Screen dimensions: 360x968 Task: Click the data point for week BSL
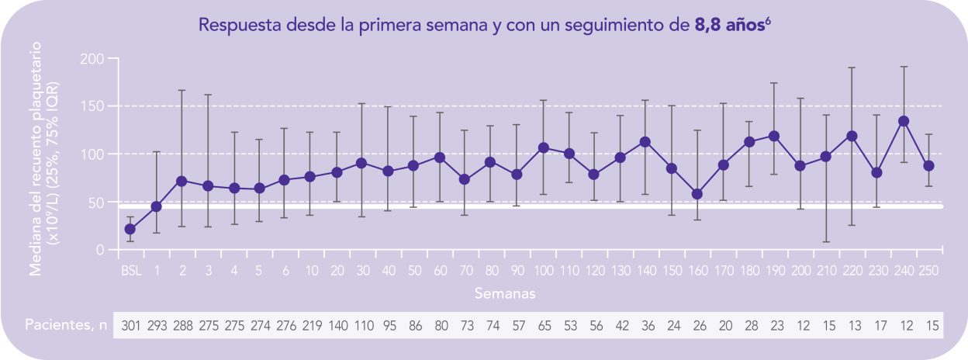[130, 229]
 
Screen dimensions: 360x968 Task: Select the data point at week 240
[903, 121]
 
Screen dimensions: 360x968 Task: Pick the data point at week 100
[543, 147]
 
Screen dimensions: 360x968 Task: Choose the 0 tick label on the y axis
[101, 250]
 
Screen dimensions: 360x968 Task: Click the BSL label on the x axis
[130, 270]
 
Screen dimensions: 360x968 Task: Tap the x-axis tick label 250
[928, 270]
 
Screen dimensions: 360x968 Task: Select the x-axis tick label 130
[620, 270]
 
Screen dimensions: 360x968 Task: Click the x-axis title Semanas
[505, 293]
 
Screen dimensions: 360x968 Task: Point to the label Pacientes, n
[65, 325]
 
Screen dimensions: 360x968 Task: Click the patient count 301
[130, 326]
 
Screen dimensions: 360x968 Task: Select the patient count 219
[311, 326]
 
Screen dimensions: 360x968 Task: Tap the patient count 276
[285, 326]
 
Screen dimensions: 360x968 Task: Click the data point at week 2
[182, 181]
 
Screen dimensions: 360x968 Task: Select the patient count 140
[337, 326]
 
